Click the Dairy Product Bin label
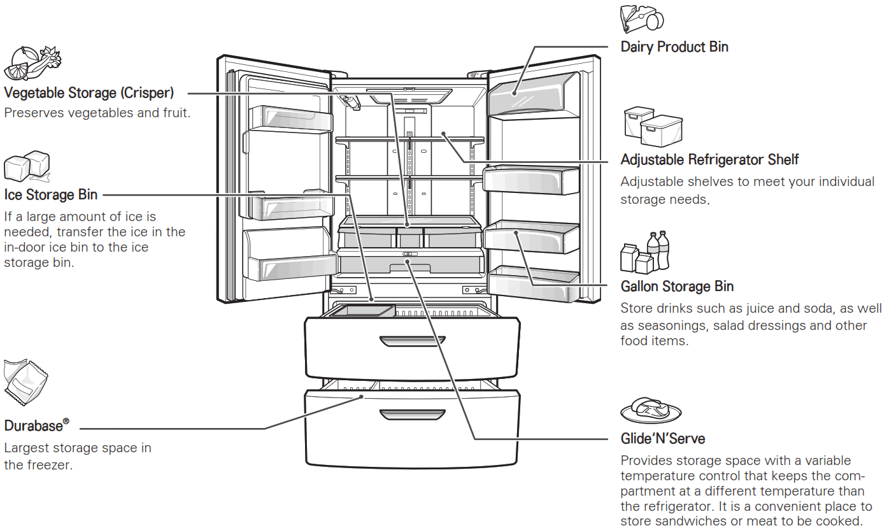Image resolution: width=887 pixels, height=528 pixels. coord(674,47)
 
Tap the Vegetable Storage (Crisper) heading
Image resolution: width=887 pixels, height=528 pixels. coord(89,93)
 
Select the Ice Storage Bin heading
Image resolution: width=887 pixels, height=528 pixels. coord(51,194)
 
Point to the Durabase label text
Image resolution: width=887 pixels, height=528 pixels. coord(33,426)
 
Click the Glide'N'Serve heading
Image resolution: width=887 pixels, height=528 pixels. coord(662,439)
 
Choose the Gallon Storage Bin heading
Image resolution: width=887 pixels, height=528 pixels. coord(677,287)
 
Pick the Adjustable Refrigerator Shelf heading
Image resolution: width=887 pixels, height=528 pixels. coord(709,159)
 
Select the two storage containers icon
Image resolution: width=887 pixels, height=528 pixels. coord(653,127)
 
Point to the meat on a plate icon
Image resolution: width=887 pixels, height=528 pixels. coord(649,410)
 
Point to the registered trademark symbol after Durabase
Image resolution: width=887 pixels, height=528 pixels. coord(66,422)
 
